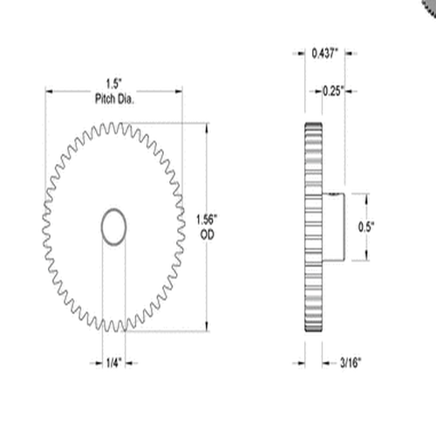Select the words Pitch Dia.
point(114,99)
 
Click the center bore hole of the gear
point(114,226)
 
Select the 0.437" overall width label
point(326,53)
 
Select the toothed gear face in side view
point(313,226)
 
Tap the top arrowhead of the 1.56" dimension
point(207,127)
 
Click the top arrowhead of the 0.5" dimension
point(365,195)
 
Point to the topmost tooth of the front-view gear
point(114,125)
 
